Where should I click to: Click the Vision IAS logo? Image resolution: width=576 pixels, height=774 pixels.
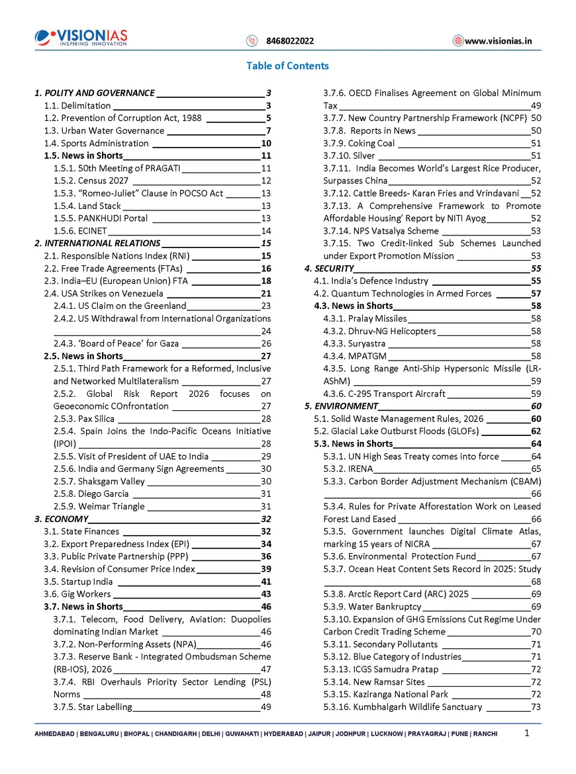pyautogui.click(x=81, y=37)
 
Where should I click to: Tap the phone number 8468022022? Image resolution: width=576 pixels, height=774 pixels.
pyautogui.click(x=290, y=41)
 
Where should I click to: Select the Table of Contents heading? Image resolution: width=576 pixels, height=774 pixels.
pyautogui.click(x=287, y=65)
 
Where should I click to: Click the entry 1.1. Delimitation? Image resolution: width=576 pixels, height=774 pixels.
pyautogui.click(x=77, y=105)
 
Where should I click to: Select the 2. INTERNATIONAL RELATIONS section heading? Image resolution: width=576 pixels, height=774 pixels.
pyautogui.click(x=97, y=243)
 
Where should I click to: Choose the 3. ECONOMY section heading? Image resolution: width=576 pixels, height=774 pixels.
pyautogui.click(x=62, y=519)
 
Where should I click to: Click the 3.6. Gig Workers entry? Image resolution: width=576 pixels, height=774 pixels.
pyautogui.click(x=77, y=594)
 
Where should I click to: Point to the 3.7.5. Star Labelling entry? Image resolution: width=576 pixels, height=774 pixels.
pyautogui.click(x=93, y=707)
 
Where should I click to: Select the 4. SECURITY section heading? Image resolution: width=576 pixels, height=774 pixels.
pyautogui.click(x=330, y=269)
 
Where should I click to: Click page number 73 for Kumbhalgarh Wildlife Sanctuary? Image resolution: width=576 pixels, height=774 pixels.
pyautogui.click(x=536, y=707)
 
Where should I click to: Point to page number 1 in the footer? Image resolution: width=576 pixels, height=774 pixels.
pyautogui.click(x=526, y=733)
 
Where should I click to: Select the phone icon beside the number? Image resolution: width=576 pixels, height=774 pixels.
pyautogui.click(x=252, y=41)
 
